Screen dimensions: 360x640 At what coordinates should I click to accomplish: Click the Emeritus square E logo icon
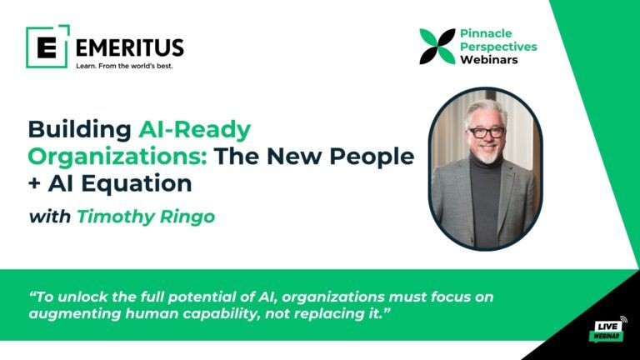click(x=47, y=46)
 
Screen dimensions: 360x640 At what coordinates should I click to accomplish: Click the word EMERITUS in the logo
click(x=129, y=47)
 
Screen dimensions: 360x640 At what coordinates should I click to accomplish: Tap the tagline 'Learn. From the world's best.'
click(x=124, y=66)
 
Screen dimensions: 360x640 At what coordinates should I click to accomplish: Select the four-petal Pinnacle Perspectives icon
click(x=437, y=47)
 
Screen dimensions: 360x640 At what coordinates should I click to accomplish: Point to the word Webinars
click(x=489, y=60)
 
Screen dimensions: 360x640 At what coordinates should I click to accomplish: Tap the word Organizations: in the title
click(x=117, y=156)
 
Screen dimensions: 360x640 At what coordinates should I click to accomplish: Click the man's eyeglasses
click(x=487, y=132)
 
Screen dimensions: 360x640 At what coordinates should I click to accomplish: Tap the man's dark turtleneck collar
click(x=486, y=172)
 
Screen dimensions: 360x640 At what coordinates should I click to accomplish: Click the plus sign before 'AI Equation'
click(x=36, y=182)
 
